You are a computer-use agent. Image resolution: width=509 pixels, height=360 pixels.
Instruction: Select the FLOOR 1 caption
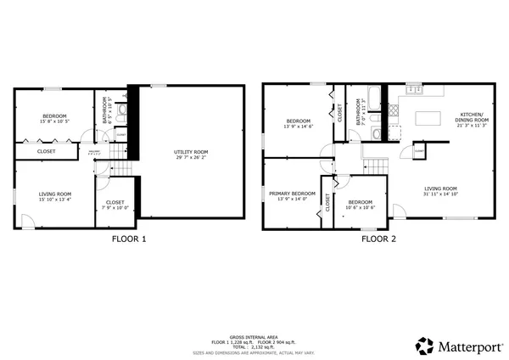[x=129, y=239]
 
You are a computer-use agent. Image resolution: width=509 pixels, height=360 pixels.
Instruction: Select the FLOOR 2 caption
[x=378, y=239]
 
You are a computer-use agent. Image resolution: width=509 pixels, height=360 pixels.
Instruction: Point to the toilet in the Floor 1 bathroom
[x=121, y=109]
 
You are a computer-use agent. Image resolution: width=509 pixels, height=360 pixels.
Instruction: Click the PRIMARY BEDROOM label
[x=292, y=194]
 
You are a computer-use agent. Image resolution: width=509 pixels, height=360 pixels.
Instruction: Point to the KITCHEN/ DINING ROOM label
[x=474, y=117]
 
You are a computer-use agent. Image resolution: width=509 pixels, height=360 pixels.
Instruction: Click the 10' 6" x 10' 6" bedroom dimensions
[x=359, y=207]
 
